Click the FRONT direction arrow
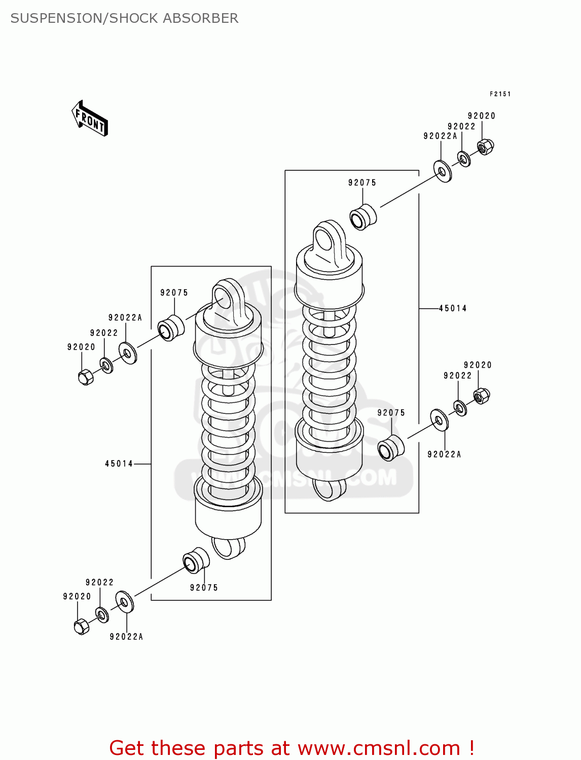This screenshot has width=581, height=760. click(x=89, y=119)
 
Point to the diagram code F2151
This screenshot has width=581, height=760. click(x=500, y=94)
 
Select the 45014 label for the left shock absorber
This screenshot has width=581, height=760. click(x=119, y=464)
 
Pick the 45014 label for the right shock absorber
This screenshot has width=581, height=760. click(x=452, y=308)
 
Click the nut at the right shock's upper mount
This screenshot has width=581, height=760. click(x=485, y=147)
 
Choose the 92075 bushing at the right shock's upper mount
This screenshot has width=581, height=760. click(x=362, y=217)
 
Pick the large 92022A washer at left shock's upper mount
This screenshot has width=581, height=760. click(x=127, y=353)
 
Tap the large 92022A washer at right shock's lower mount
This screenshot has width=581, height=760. click(x=439, y=420)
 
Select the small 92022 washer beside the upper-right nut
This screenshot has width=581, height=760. click(x=463, y=159)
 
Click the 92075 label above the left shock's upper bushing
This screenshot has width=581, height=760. click(x=174, y=292)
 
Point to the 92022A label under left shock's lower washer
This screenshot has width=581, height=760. click(x=126, y=636)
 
